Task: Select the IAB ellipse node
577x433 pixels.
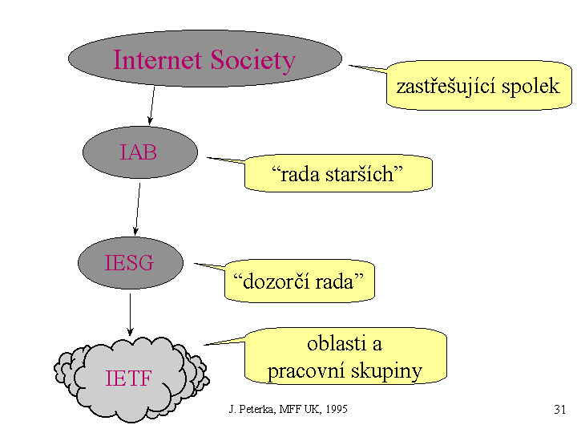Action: (139, 152)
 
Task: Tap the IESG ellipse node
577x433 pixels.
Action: (129, 263)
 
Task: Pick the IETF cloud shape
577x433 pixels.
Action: (129, 378)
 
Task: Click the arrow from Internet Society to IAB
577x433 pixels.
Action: (151, 106)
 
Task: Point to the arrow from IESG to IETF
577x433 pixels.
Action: (130, 314)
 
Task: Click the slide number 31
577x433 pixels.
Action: (559, 410)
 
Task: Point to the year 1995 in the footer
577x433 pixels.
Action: (335, 410)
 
